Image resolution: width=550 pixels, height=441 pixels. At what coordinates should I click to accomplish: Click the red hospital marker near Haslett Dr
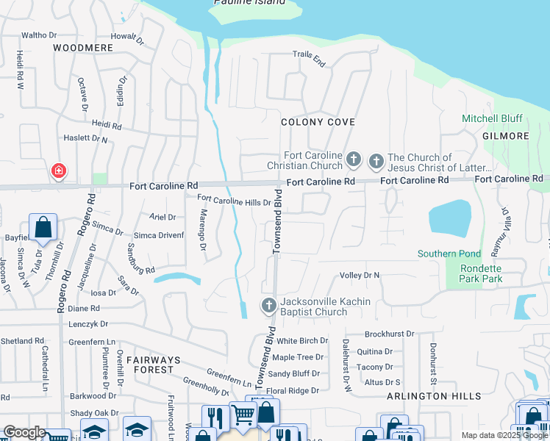[57, 171]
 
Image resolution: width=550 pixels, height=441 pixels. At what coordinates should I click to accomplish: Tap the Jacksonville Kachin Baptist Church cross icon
[269, 304]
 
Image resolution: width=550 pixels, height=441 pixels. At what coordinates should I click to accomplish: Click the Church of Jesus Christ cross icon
[376, 160]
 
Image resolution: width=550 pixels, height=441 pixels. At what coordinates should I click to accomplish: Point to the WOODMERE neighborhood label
[83, 48]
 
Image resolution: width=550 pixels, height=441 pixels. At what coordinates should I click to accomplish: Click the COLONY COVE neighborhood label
[318, 122]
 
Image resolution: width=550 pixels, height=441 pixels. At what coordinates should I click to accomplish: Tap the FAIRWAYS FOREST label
[153, 360]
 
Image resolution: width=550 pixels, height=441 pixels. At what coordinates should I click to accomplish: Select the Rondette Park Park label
[481, 273]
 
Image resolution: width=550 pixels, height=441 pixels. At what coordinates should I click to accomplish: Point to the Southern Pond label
[449, 254]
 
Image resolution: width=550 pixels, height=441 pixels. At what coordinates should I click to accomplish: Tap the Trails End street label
[309, 54]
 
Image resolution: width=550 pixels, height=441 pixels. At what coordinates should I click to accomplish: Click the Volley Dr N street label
[359, 276]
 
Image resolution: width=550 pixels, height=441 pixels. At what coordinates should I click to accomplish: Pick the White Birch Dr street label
[302, 341]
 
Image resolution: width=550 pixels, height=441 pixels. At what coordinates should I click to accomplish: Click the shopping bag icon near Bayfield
[43, 228]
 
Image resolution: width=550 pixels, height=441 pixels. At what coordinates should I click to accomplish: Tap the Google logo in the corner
[24, 432]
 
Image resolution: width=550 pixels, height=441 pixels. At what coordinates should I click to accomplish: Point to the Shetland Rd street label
[22, 341]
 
